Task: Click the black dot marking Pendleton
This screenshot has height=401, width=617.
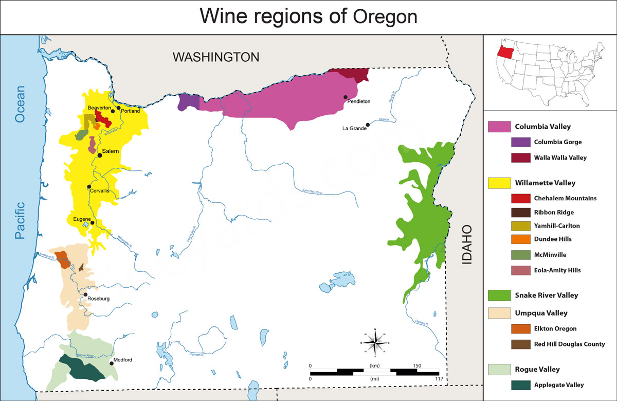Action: coord(346,97)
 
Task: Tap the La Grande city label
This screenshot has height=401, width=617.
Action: coord(354,128)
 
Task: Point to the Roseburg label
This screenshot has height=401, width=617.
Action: coord(98,299)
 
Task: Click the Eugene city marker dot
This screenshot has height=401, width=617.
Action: coord(93,223)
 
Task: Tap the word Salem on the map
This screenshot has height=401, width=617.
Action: coord(111,151)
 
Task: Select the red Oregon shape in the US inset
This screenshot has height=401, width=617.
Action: coord(506,51)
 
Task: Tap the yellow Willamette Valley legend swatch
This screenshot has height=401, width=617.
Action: coord(498,183)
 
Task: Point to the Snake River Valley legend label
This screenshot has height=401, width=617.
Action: coord(546,295)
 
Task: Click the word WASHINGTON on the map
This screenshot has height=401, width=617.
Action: coord(215,57)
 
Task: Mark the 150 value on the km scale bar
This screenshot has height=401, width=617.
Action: coord(416,365)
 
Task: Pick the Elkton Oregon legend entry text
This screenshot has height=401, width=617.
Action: coord(555,328)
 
